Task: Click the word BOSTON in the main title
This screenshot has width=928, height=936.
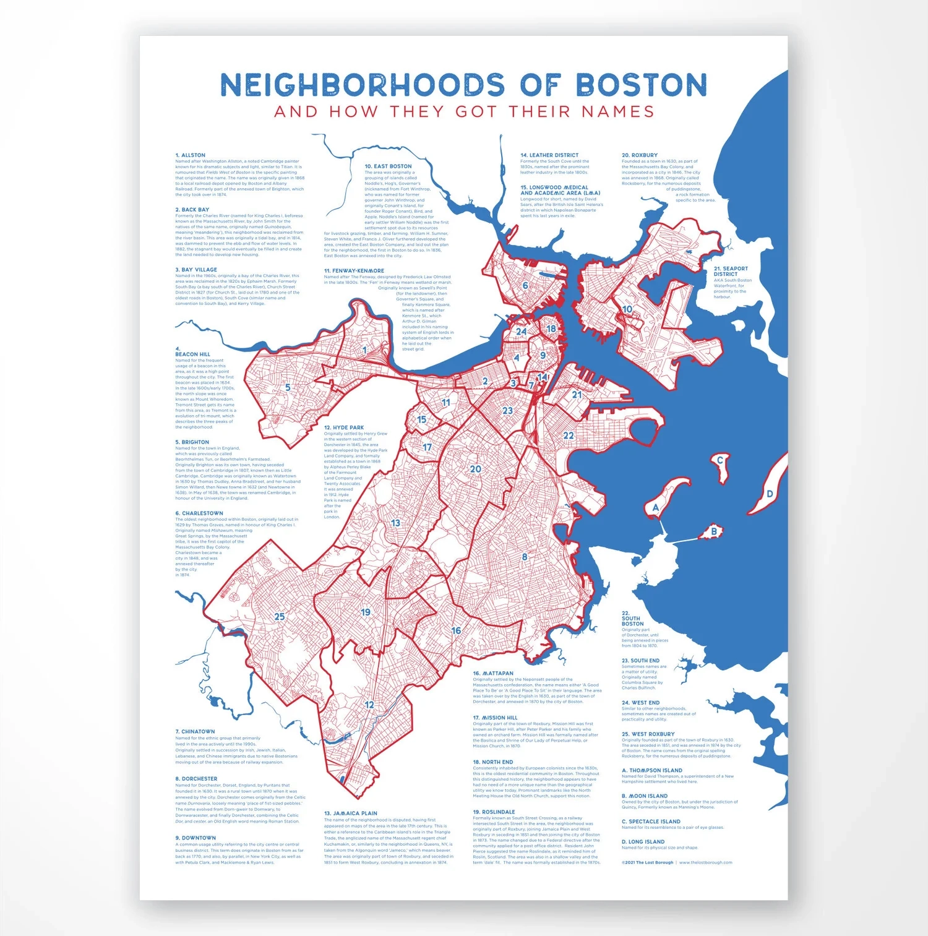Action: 642,85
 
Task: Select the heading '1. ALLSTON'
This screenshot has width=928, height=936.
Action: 191,155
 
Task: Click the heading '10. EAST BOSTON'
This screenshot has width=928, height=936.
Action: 388,166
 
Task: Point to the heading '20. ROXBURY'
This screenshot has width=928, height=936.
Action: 640,155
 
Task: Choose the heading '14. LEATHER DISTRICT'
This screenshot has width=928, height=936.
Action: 549,155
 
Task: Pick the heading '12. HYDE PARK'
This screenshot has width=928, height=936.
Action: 344,427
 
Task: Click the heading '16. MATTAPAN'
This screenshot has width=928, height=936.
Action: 493,673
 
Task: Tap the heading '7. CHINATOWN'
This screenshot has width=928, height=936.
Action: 195,731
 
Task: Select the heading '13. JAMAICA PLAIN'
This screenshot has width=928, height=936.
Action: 351,814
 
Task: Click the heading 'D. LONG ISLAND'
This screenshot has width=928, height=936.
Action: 643,842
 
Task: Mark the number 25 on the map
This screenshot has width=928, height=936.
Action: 280,617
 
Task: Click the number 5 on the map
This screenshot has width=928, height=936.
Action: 288,388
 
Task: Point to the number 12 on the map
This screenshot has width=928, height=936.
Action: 369,705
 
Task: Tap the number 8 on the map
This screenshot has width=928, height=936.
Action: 525,557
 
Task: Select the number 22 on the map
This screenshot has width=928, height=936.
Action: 569,436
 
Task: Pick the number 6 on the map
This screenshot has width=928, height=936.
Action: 525,286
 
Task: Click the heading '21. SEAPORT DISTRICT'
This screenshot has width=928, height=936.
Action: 731,271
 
